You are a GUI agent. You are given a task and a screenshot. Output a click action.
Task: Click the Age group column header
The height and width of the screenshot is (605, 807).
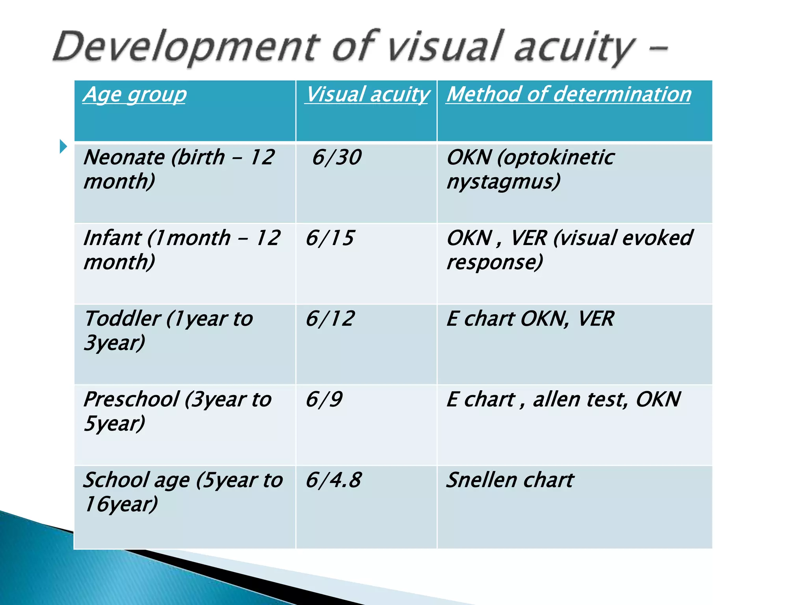pos(134,95)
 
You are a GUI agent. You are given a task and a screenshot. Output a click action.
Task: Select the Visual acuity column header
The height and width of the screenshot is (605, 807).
pos(367,95)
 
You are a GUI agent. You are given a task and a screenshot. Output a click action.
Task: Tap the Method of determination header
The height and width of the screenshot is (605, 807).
pos(569,95)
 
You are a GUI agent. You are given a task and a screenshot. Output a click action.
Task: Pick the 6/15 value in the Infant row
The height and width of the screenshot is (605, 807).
pos(330,238)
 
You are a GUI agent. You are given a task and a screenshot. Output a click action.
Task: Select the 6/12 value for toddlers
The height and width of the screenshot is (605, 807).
pos(330,319)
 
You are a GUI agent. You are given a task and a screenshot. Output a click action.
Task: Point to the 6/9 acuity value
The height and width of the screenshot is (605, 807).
pos(324,399)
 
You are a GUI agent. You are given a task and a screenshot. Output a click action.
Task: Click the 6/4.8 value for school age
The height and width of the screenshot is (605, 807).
pos(333,480)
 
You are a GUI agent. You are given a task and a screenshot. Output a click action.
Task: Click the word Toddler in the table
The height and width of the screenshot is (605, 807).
pos(123,319)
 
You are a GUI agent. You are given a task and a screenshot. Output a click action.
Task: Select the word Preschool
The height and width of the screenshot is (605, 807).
pos(131,399)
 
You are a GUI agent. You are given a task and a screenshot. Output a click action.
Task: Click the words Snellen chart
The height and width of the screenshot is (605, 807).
pos(510,480)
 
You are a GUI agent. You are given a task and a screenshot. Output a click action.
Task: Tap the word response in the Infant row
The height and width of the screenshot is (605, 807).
pos(495,262)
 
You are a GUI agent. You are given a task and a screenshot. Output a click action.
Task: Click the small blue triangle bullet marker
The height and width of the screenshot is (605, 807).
pos(63,147)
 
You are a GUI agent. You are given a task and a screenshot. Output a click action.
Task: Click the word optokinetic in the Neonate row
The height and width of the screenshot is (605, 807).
pos(556,157)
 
